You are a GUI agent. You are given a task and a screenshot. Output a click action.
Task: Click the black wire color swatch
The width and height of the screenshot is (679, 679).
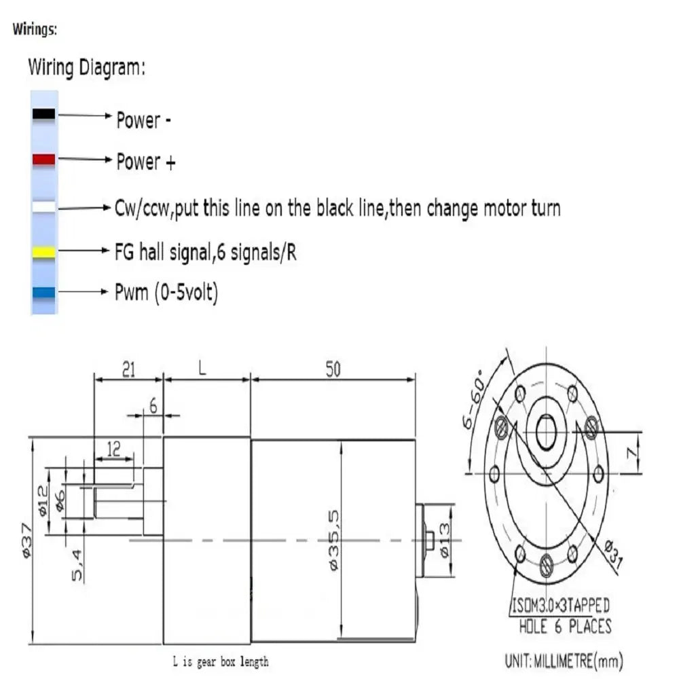pos(44,115)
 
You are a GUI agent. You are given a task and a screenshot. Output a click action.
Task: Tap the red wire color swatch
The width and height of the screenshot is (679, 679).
pos(44,160)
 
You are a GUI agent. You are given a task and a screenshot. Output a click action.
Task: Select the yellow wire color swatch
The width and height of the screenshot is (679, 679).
pos(44,253)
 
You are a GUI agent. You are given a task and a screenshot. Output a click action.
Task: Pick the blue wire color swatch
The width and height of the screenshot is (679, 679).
pos(44,293)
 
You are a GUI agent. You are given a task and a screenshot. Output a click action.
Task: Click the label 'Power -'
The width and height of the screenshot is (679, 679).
pos(143,121)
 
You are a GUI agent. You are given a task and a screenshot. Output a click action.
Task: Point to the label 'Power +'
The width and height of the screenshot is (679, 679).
pos(145,162)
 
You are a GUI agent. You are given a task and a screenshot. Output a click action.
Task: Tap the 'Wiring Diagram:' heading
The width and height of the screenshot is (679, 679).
pos(86,68)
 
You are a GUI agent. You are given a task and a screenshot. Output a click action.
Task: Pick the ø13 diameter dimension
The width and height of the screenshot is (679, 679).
pos(445,541)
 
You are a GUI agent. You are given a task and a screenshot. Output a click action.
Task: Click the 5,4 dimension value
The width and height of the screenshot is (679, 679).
pos(78,565)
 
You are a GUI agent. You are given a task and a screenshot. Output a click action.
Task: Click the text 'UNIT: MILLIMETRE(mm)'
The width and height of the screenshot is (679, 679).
pos(564,659)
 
